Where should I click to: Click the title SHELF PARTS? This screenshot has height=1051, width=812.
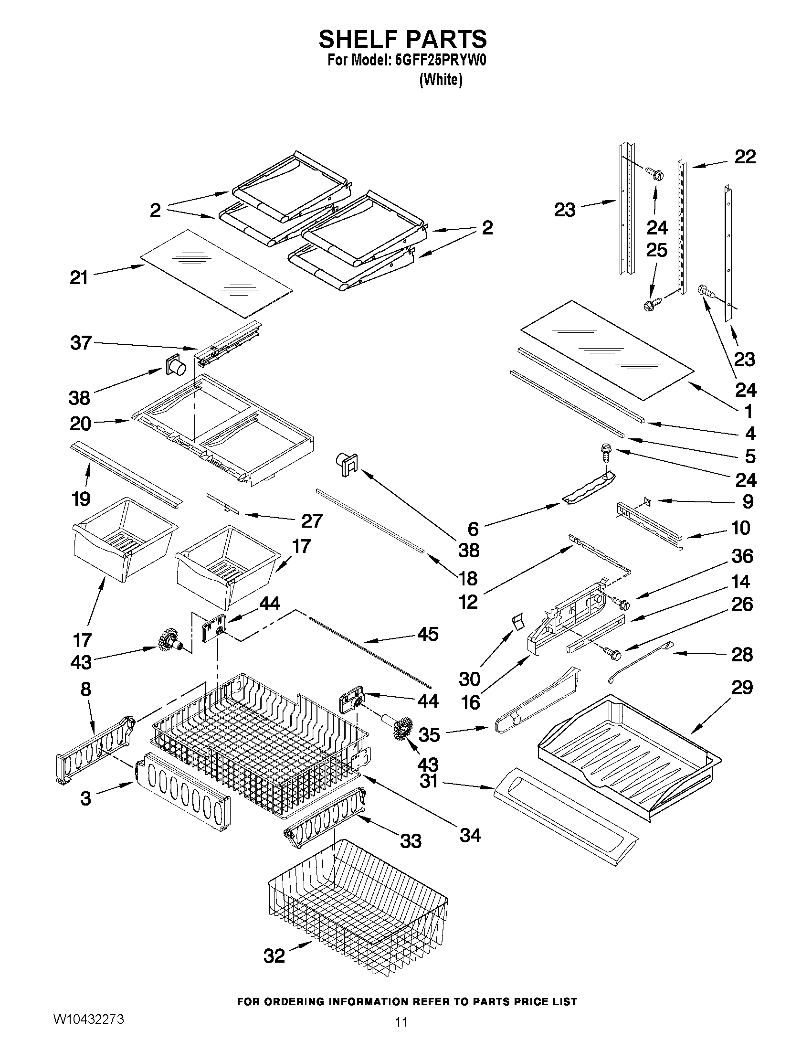point(402,39)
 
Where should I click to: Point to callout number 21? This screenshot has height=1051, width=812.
point(79,278)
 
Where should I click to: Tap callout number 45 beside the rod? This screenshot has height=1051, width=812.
point(428,634)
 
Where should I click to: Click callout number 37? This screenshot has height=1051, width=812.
point(80,343)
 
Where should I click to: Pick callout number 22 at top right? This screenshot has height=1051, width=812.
point(745,157)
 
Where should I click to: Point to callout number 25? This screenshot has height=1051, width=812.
point(657,250)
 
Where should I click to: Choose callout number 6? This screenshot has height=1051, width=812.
point(474,529)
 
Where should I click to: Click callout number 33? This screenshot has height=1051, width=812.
point(411,841)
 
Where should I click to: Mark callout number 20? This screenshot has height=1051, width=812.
point(80,424)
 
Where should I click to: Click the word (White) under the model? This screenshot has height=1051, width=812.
point(441,80)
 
